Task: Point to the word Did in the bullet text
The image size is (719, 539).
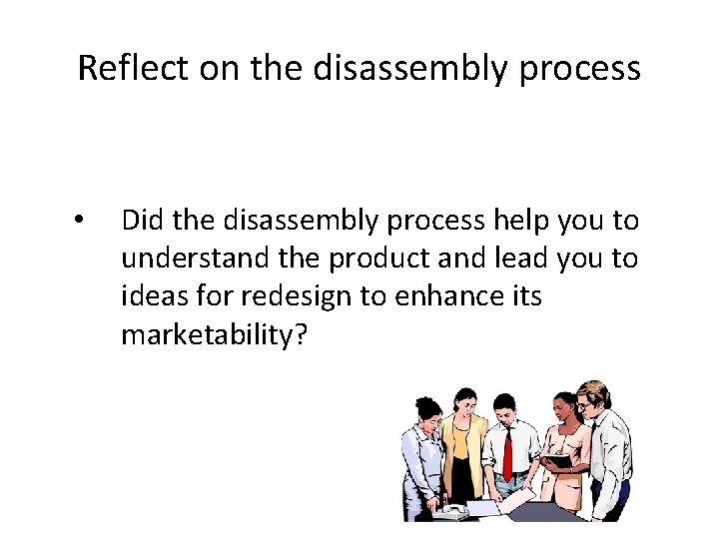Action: [142, 220]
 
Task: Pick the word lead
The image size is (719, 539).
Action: [513, 259]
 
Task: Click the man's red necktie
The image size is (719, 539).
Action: [507, 454]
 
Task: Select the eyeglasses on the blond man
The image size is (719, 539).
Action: [588, 403]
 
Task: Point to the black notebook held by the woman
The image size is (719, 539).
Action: [556, 460]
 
